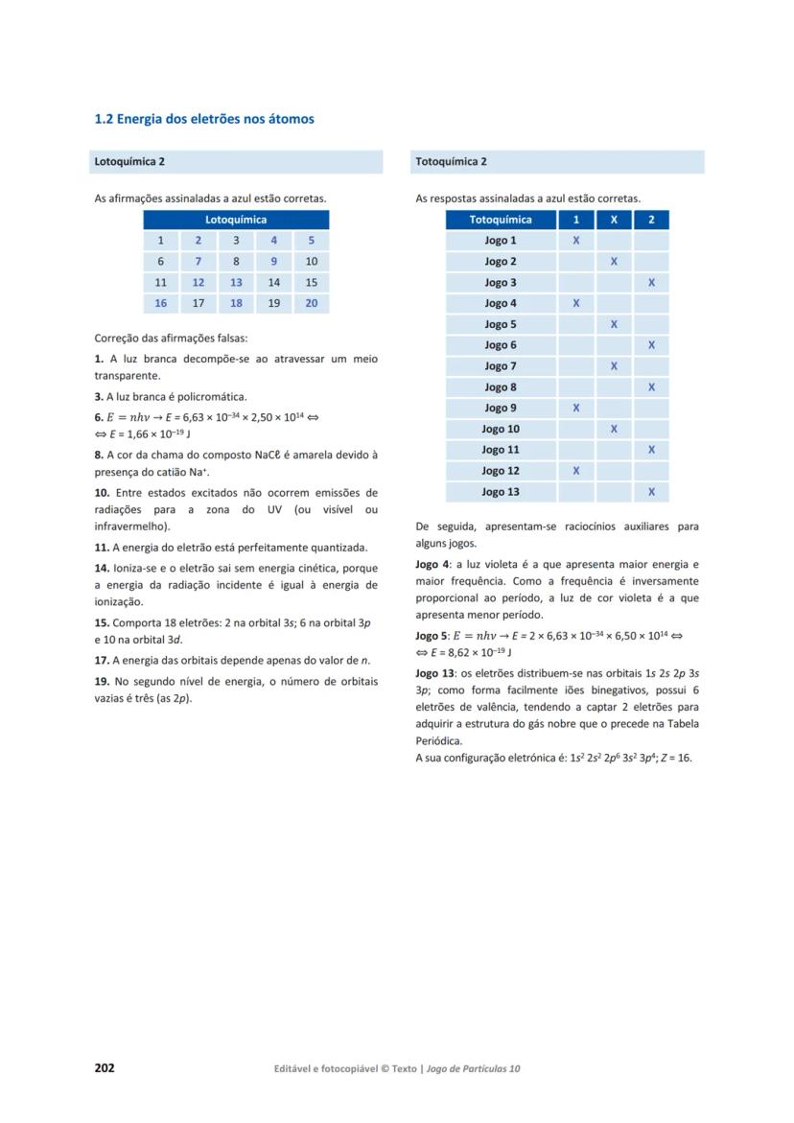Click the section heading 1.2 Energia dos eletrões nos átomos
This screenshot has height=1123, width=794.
[x=204, y=120]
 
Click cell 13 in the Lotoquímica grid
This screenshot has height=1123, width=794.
[x=236, y=283]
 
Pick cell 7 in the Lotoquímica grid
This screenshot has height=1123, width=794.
[x=198, y=262]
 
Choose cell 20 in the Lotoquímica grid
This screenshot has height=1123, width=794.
[x=311, y=304]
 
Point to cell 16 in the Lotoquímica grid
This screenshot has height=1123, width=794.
[x=161, y=304]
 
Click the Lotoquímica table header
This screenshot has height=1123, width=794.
[x=236, y=220]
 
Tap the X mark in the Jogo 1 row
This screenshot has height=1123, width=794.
[x=575, y=241]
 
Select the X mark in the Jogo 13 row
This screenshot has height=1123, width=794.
[x=651, y=493]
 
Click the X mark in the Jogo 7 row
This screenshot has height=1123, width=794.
[x=614, y=366]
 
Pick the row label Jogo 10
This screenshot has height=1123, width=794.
[x=501, y=430]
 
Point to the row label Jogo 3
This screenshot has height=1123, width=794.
[x=501, y=283]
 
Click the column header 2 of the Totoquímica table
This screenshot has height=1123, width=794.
[x=651, y=220]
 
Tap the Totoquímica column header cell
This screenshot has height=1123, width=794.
[x=501, y=220]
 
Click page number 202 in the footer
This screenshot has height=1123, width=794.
[x=105, y=1068]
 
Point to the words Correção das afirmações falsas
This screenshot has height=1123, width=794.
[x=157, y=339]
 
